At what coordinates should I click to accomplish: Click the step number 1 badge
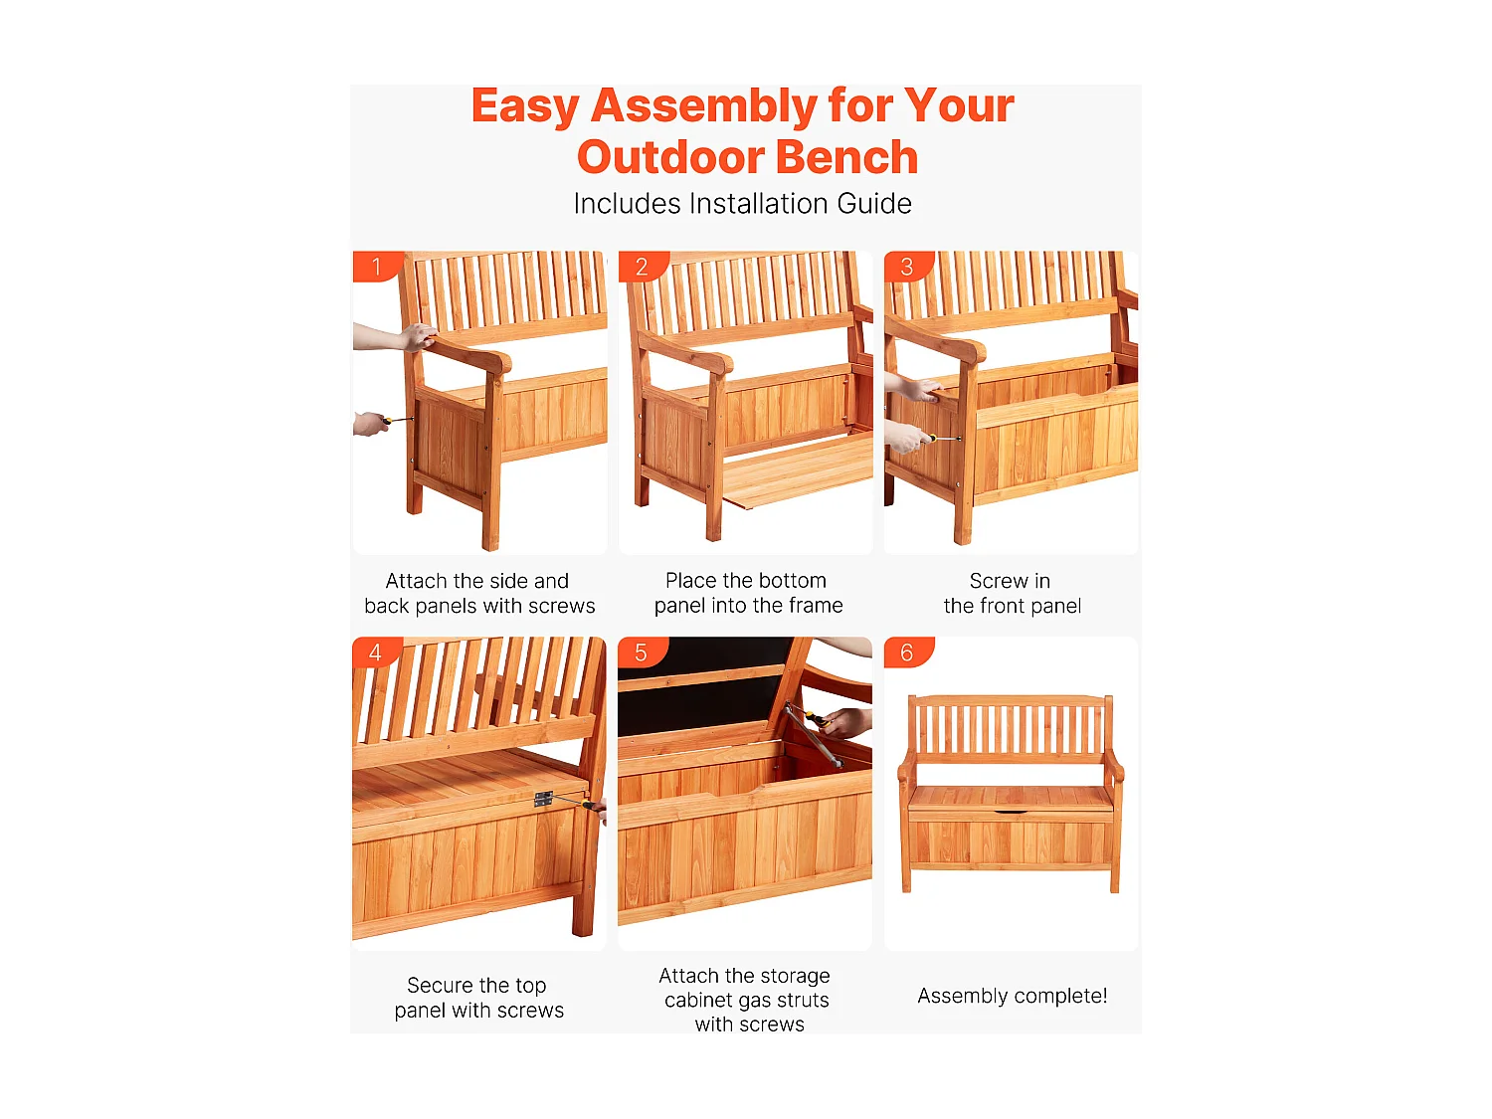click(376, 266)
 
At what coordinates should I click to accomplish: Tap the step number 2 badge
click(642, 266)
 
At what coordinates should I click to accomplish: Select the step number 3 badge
click(907, 266)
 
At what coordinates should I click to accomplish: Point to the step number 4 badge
click(376, 652)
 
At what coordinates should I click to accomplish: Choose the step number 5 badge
click(642, 652)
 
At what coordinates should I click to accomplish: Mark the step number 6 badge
click(907, 652)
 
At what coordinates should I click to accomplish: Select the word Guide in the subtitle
click(874, 204)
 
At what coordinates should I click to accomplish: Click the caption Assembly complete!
click(1012, 996)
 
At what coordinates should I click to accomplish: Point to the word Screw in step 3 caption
click(998, 581)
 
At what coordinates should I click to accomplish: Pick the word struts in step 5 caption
click(802, 1000)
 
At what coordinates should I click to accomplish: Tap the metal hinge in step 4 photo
click(543, 798)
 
